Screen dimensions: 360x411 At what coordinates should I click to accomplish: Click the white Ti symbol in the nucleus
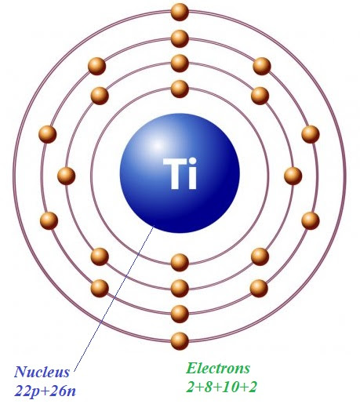180,173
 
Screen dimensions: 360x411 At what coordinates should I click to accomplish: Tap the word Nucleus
42,372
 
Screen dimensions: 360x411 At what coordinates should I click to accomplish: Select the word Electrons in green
218,368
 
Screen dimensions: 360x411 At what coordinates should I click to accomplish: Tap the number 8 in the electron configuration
208,387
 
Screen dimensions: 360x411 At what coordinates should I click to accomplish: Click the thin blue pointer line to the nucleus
114,298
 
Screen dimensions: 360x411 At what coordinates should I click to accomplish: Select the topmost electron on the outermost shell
180,12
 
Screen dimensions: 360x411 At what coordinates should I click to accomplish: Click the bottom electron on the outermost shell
180,340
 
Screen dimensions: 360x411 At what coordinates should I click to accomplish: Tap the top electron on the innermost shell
180,89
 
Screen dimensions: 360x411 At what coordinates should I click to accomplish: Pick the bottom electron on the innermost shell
180,262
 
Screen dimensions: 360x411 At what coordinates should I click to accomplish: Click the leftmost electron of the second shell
67,176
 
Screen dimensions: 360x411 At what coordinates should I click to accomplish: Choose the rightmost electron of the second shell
293,176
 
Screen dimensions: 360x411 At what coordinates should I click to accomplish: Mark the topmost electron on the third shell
180,38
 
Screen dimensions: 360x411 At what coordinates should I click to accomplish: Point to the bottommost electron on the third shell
180,314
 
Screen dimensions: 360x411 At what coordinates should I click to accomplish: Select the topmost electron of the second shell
180,64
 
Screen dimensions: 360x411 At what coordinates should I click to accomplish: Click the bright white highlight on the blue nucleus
157,145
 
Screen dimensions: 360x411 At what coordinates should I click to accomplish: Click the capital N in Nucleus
20,372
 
